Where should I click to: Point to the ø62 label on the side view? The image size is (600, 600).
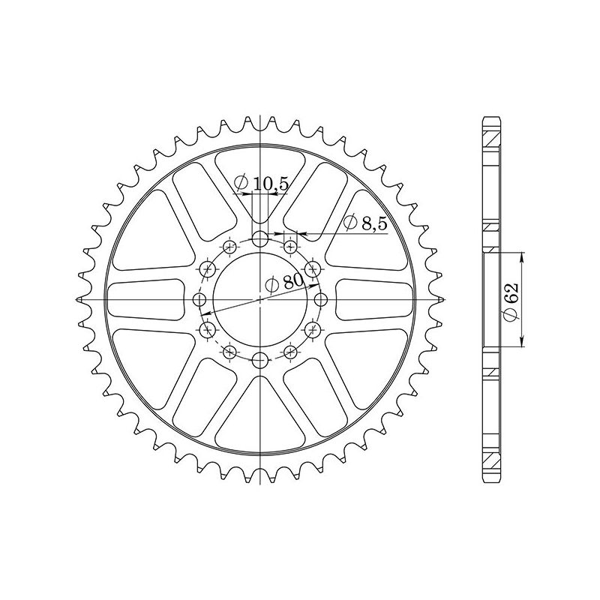pos(510,300)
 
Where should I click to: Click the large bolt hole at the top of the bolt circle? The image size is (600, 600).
pos(260,239)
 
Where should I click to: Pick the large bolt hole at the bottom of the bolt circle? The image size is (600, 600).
pos(260,358)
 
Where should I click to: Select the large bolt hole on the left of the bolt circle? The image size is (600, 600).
pos(199,300)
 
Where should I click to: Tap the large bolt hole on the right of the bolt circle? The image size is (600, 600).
pos(321,300)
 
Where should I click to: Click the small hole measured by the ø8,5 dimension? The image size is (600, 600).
pos(291,246)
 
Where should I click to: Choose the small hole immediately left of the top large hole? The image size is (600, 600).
pos(229,246)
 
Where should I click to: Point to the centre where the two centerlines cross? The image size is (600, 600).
pos(260,299)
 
